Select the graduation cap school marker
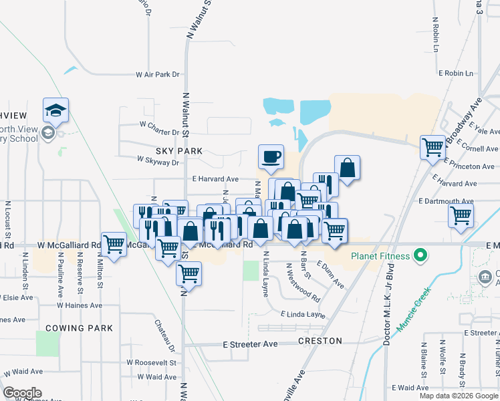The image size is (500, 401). pos(56,111)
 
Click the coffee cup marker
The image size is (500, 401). pos(271,157)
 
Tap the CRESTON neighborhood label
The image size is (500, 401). pos(320,341)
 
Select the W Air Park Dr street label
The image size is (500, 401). pos(158,75)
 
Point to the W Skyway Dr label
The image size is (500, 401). pos(158,161)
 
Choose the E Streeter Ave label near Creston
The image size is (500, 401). pos(249,344)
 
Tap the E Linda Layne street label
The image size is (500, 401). pos(303,314)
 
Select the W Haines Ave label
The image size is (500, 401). pos(79,305)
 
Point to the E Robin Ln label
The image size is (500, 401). pos(455,73)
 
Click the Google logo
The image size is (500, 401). pos(22,393)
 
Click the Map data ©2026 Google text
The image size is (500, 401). pos(459,396)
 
